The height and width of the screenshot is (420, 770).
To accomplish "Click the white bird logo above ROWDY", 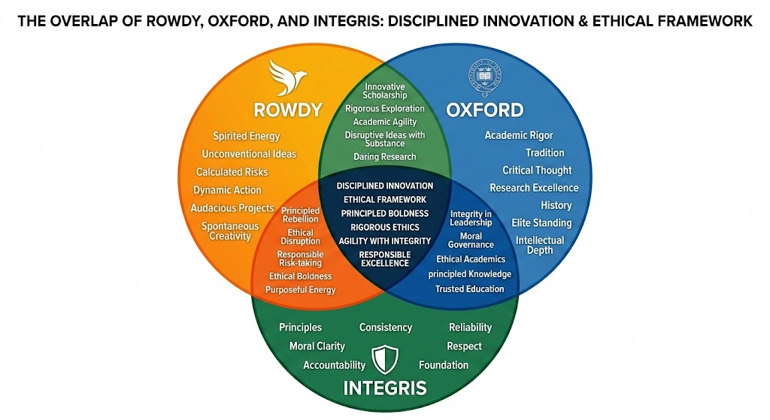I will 288,78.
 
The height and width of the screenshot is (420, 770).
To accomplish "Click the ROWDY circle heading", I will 288,110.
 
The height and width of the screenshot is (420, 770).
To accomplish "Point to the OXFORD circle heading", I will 485,110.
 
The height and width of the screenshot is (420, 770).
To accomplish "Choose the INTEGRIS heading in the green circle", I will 384,388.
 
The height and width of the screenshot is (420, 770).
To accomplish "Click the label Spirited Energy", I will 246,136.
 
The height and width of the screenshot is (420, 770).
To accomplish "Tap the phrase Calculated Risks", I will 232,172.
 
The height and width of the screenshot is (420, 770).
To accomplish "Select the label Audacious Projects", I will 232,208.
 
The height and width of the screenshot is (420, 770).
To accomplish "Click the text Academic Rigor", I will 519,135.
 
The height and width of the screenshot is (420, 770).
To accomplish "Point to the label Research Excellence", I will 534,188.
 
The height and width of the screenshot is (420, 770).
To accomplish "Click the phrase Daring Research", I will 384,157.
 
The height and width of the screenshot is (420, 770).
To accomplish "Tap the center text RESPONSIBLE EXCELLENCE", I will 384,258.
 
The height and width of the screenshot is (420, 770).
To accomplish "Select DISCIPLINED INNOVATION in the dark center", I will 384,186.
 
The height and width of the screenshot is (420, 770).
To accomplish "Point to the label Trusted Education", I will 470,289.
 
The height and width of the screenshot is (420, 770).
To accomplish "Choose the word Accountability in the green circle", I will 334,365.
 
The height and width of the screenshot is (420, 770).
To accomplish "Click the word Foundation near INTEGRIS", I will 444,365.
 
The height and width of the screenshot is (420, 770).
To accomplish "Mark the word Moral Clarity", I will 317,346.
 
